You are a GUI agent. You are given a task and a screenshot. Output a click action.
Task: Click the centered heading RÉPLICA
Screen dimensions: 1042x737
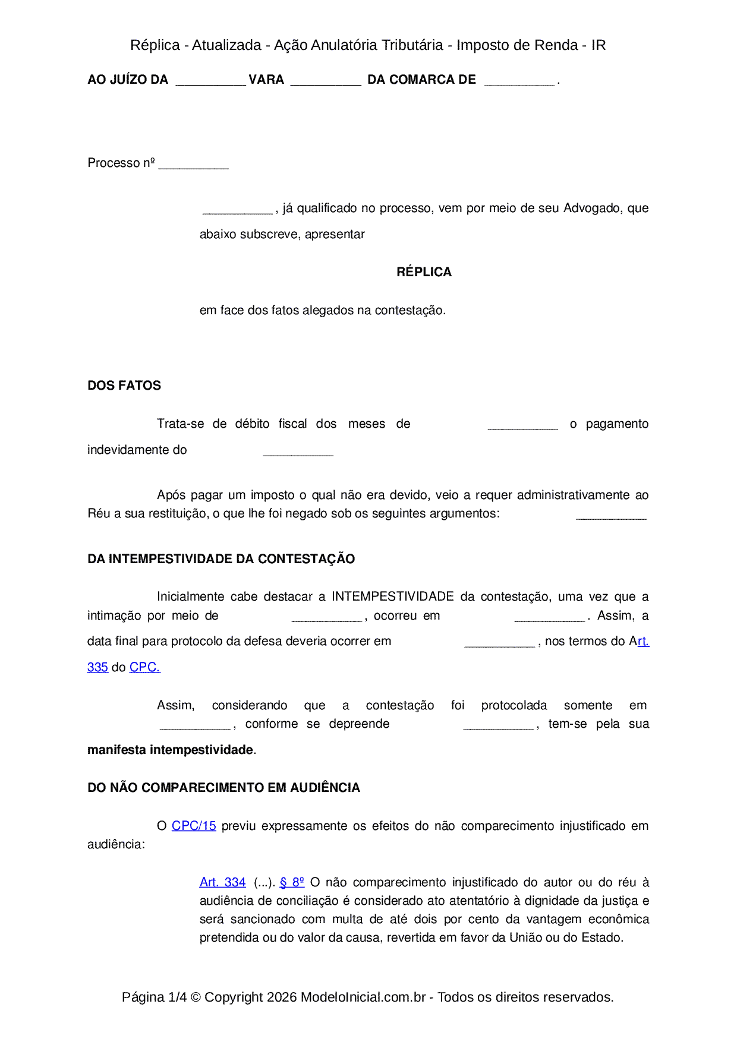point(424,272)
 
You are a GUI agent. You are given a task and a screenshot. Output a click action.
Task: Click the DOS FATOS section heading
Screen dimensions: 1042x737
point(124,386)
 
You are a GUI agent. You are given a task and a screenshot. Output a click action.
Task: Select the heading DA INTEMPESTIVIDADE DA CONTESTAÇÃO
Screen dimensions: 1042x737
point(221,559)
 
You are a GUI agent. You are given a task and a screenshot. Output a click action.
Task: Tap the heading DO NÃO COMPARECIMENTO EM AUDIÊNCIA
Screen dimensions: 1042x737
point(223,788)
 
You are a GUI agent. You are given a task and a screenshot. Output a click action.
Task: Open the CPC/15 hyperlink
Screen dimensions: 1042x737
point(194,826)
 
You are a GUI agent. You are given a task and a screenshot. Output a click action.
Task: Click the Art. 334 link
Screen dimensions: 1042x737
point(222,882)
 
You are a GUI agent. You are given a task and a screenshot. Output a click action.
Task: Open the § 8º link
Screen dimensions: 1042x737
point(292,882)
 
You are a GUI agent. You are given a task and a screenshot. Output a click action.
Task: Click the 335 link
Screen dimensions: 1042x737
point(97,667)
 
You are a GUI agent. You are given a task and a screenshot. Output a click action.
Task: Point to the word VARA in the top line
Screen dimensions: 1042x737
point(266,80)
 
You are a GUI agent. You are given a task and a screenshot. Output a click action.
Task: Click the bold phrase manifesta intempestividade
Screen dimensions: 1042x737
point(170,750)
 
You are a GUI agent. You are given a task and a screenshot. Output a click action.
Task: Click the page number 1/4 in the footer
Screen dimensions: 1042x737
point(177,997)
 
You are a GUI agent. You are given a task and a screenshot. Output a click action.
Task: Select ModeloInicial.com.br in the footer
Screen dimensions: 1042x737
point(363,997)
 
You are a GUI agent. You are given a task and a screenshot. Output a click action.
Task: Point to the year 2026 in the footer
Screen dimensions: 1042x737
point(282,997)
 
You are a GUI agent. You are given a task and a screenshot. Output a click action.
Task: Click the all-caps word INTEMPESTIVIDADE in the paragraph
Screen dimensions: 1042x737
point(393,596)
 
